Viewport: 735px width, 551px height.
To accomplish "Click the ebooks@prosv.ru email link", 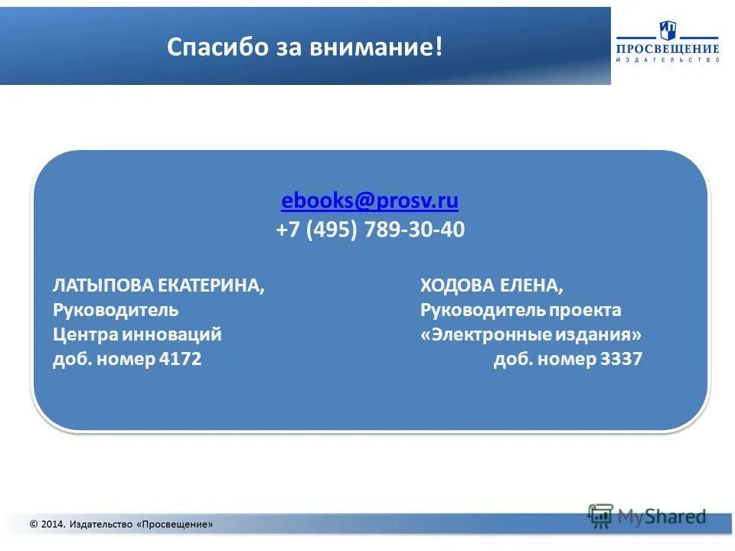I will click(370, 201).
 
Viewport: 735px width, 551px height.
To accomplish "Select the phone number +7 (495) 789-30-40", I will click(370, 230).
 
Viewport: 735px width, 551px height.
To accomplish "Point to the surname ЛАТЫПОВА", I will click(103, 286).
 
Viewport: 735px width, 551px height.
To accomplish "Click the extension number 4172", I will click(181, 359).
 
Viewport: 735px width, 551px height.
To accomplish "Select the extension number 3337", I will click(622, 359).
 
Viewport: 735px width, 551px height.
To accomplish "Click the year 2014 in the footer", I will click(52, 524).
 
